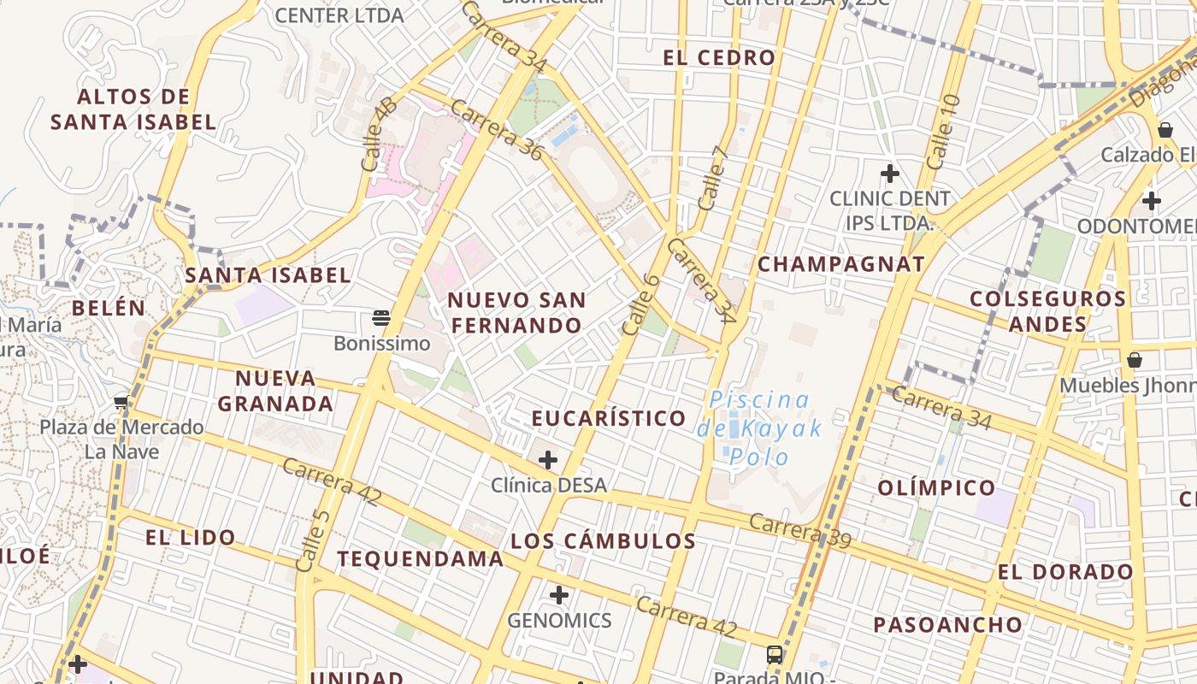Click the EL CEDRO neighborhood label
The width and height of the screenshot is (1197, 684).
(719, 58)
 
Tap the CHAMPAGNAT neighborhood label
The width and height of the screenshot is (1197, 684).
(841, 264)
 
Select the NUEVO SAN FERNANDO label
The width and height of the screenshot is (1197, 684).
(516, 313)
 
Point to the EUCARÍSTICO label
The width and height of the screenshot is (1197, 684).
(609, 418)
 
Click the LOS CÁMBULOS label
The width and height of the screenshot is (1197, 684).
(603, 541)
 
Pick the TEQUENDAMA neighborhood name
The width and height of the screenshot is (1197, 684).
(420, 559)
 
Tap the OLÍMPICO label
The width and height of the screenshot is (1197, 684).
(936, 488)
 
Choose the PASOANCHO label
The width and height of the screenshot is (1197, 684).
(947, 625)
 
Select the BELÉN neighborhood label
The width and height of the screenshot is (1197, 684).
(109, 308)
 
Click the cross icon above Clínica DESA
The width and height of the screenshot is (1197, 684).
(548, 461)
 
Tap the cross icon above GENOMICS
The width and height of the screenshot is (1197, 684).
(559, 595)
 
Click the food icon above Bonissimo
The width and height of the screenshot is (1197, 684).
(381, 319)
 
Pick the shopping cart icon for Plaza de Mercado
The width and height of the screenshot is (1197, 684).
(121, 402)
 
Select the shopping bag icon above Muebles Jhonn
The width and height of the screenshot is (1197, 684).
(1135, 360)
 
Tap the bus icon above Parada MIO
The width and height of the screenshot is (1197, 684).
(775, 655)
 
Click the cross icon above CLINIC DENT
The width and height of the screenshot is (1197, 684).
(890, 174)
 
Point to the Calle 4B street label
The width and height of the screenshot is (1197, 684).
(379, 133)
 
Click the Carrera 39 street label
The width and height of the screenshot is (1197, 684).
(800, 530)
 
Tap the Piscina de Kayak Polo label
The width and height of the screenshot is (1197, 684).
(759, 427)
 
